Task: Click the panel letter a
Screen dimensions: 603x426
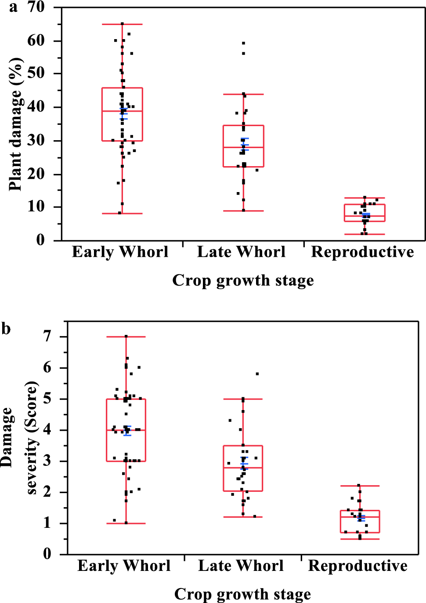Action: tap(14, 7)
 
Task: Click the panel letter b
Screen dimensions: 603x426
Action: tap(6, 329)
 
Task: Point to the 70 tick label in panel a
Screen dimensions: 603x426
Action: tap(36, 7)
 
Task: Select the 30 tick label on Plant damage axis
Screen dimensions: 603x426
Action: tap(36, 141)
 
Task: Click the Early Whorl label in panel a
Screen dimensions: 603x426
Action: tap(120, 252)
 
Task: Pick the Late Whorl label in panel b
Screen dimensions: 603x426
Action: tap(241, 566)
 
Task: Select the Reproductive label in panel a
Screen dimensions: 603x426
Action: tap(362, 252)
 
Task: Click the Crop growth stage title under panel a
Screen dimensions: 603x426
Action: tap(243, 280)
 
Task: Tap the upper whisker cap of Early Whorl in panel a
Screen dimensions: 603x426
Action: tap(122, 24)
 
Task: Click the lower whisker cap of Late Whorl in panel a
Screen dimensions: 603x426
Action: tap(243, 211)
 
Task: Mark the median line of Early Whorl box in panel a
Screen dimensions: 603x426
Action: tap(122, 111)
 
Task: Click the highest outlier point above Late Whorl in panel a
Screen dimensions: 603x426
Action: tap(243, 43)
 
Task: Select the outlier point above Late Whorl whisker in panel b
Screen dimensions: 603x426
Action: tap(257, 374)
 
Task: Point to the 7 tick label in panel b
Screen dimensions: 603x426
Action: tap(47, 337)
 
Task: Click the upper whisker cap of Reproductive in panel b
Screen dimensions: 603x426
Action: tap(360, 486)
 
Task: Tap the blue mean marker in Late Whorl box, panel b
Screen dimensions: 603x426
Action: tap(244, 464)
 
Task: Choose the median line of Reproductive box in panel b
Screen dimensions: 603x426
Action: tap(360, 517)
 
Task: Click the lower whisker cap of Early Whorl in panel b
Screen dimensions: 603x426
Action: tap(126, 523)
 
